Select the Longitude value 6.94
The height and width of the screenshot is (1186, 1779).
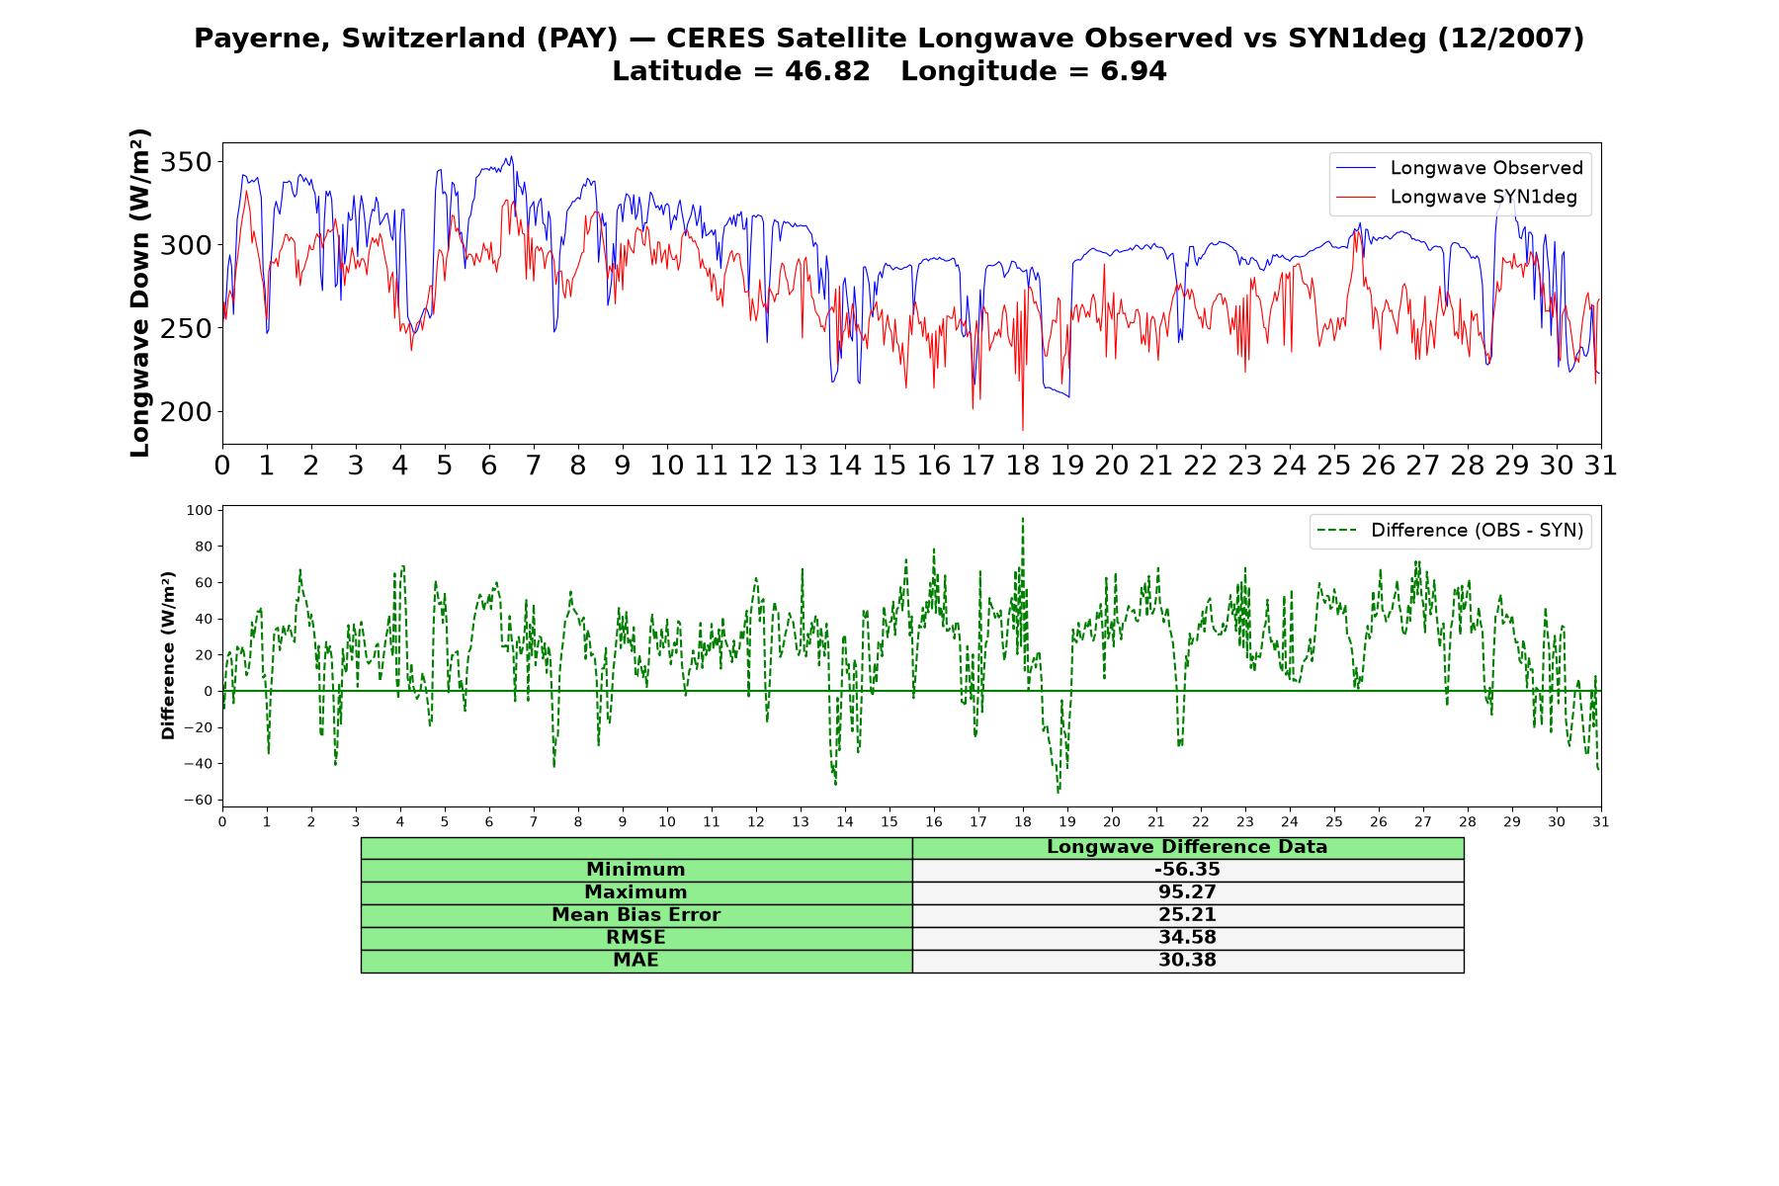click(1134, 72)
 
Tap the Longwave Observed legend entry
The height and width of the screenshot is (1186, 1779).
click(1460, 168)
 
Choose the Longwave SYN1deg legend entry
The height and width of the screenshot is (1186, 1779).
click(1457, 197)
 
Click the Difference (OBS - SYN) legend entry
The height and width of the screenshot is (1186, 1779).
click(1451, 531)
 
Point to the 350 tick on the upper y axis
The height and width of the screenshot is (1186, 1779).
click(186, 162)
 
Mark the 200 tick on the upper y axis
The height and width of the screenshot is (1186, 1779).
click(186, 412)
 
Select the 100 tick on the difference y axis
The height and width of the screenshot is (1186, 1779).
click(200, 510)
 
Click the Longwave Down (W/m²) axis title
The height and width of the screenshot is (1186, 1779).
click(140, 293)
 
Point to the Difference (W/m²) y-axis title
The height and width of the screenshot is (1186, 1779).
click(168, 655)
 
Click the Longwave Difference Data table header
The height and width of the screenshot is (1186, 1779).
click(1187, 847)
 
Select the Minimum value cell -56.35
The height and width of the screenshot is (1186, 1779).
click(1187, 870)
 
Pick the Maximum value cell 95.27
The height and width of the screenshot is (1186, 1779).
click(1187, 892)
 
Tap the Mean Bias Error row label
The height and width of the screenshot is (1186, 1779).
click(635, 915)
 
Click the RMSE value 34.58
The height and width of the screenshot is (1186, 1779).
click(1187, 938)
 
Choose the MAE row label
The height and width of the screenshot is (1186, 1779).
click(635, 961)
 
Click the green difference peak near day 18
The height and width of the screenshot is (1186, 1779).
click(1023, 519)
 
